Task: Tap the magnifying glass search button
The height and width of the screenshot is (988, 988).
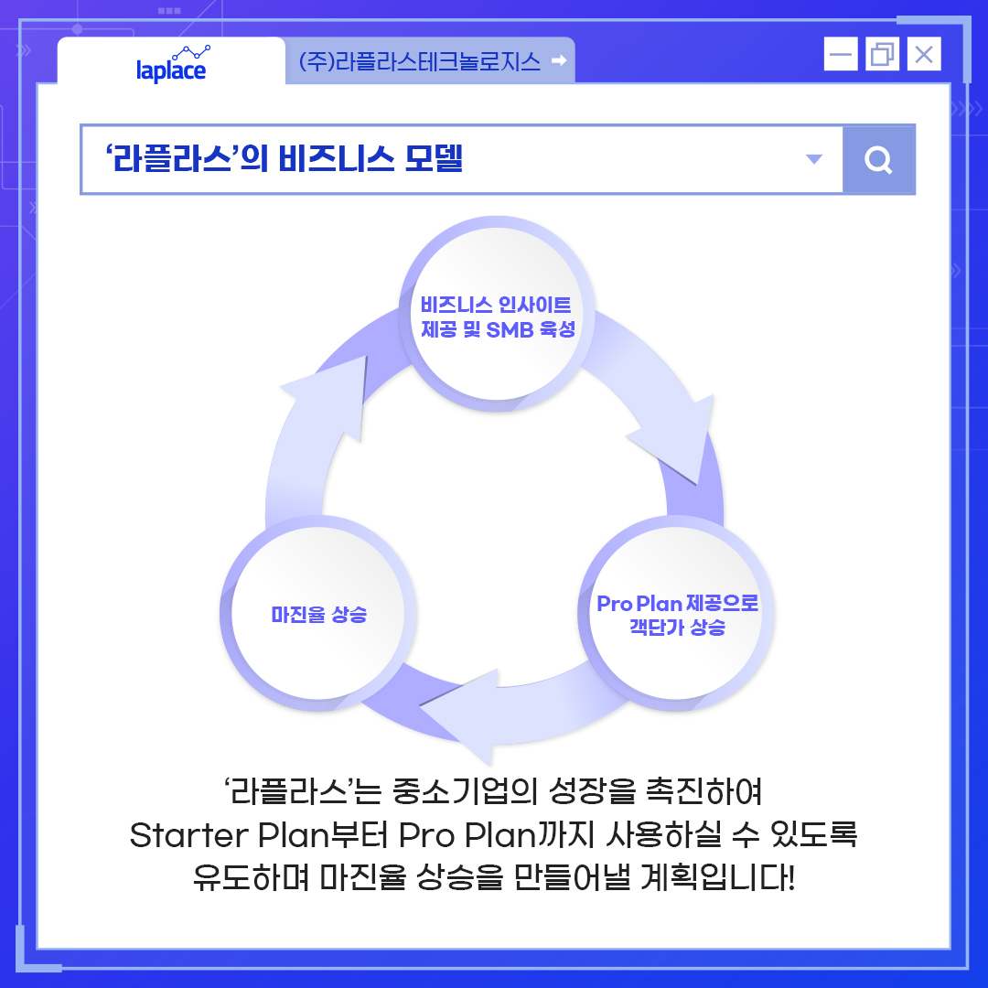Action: (x=878, y=161)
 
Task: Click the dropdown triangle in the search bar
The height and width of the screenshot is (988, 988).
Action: (x=813, y=160)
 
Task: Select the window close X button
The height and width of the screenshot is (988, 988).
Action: (x=924, y=55)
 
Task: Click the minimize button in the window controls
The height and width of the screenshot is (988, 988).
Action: (x=840, y=55)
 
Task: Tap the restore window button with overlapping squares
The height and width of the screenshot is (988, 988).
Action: (x=882, y=55)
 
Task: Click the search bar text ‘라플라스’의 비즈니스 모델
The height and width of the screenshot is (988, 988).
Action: (x=285, y=160)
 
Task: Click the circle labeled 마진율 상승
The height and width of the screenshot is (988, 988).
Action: (x=318, y=615)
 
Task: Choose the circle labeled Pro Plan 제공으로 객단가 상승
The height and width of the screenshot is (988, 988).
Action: (x=677, y=615)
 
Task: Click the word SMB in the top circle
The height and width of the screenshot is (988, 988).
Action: (x=510, y=330)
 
